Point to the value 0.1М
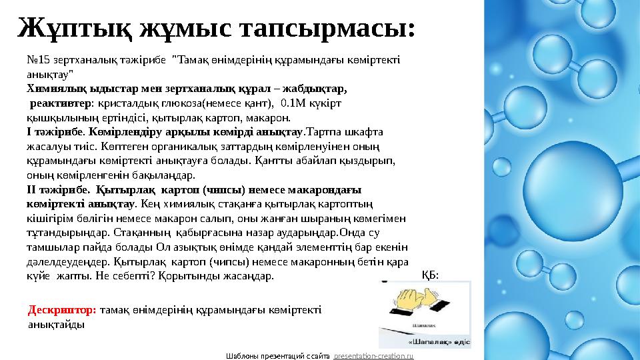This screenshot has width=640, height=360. [x=295, y=103]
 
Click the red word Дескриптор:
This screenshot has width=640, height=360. [x=63, y=310]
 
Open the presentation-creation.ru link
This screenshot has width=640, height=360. [x=374, y=356]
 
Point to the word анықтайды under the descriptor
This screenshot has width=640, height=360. [x=56, y=325]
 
